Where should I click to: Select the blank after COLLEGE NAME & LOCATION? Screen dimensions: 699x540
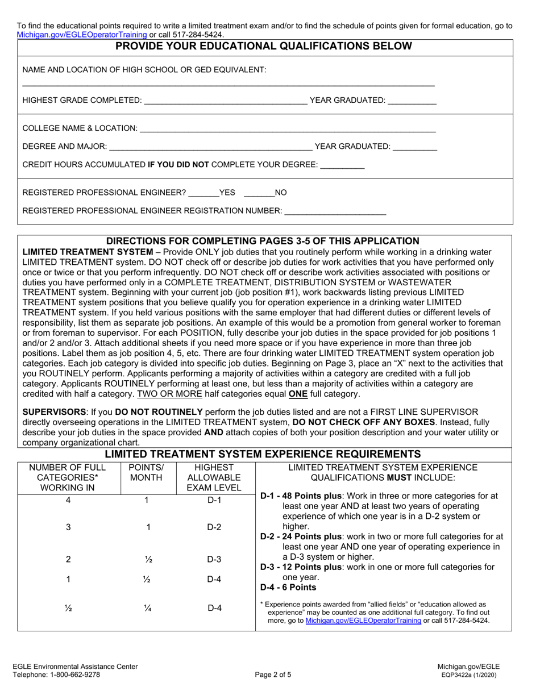287,128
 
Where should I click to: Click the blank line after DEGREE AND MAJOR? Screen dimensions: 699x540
210,147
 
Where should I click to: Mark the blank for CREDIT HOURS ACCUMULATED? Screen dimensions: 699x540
342,165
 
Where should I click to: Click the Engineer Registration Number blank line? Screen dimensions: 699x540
335,211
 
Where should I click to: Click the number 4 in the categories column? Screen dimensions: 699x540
68,500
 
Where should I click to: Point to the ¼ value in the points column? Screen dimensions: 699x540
148,608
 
